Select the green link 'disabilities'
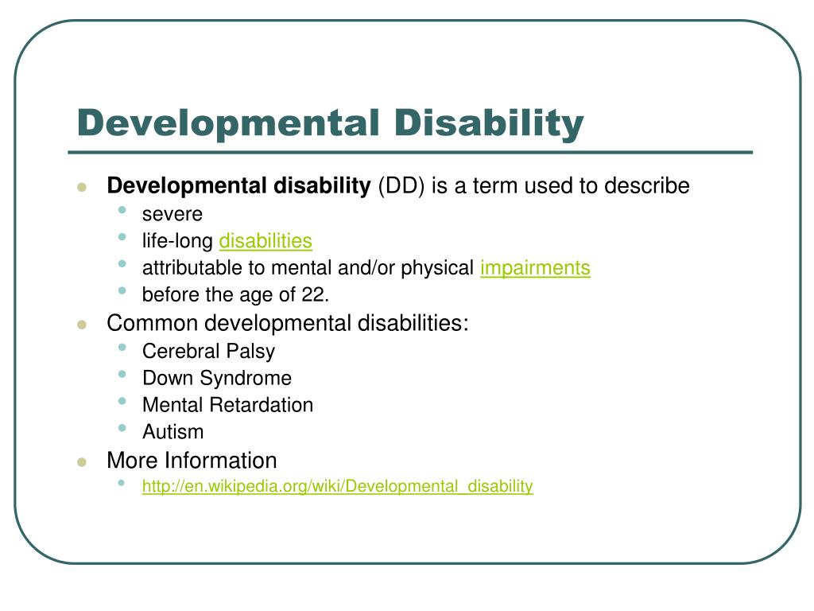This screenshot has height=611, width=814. (266, 241)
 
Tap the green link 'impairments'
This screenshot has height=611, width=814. (535, 268)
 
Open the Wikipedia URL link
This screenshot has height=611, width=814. (337, 486)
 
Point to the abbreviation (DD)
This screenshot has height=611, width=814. (401, 186)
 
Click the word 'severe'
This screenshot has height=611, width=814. (172, 214)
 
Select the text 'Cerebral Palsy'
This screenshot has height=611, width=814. (208, 351)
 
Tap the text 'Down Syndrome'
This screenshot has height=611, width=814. (216, 378)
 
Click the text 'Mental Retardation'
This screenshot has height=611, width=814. (227, 405)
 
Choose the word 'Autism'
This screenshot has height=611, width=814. (172, 432)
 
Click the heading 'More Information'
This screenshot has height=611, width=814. (192, 461)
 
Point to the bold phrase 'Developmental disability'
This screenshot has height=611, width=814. (238, 186)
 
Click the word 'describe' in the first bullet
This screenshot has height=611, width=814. (647, 186)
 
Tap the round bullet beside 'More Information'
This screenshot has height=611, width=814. (81, 462)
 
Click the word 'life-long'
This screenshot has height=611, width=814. (177, 241)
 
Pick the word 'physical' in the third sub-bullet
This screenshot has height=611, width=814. (436, 268)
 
